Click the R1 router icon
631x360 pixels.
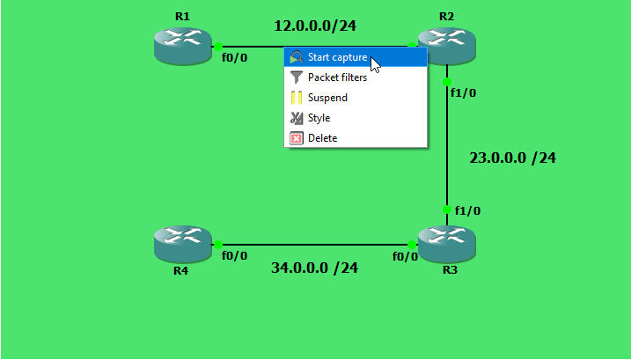click(x=183, y=46)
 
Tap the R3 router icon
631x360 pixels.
click(x=446, y=244)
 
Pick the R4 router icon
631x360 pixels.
click(x=182, y=244)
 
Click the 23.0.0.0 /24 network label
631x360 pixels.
click(x=512, y=158)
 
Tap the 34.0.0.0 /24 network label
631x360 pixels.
click(x=314, y=268)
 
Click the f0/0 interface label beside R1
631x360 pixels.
click(x=235, y=59)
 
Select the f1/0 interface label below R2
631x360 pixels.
click(x=464, y=93)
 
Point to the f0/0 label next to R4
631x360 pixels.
click(x=234, y=256)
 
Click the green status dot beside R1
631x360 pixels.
click(x=217, y=47)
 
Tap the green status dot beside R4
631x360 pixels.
click(x=217, y=245)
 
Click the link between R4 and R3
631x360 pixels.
click(x=314, y=245)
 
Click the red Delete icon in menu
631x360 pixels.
click(x=297, y=138)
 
